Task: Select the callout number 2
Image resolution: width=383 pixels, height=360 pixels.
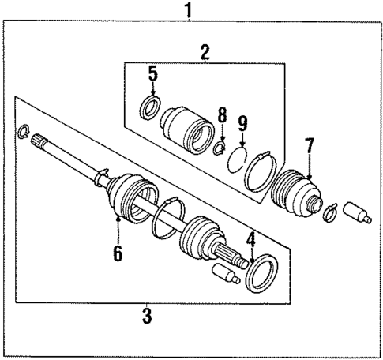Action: point(205,53)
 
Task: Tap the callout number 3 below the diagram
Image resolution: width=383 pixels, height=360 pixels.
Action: point(146,317)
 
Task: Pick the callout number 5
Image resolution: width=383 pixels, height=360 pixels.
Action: point(152,76)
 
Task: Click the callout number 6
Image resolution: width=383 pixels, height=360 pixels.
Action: point(118,253)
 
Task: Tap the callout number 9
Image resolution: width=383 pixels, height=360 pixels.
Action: point(243,123)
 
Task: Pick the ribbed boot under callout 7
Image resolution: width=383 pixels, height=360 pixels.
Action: point(297,194)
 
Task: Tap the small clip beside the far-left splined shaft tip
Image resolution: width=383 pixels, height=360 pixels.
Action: point(24,131)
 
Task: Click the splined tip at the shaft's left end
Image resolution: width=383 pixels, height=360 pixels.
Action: point(39,144)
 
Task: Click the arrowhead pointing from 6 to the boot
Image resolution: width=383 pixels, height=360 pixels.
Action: point(118,219)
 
